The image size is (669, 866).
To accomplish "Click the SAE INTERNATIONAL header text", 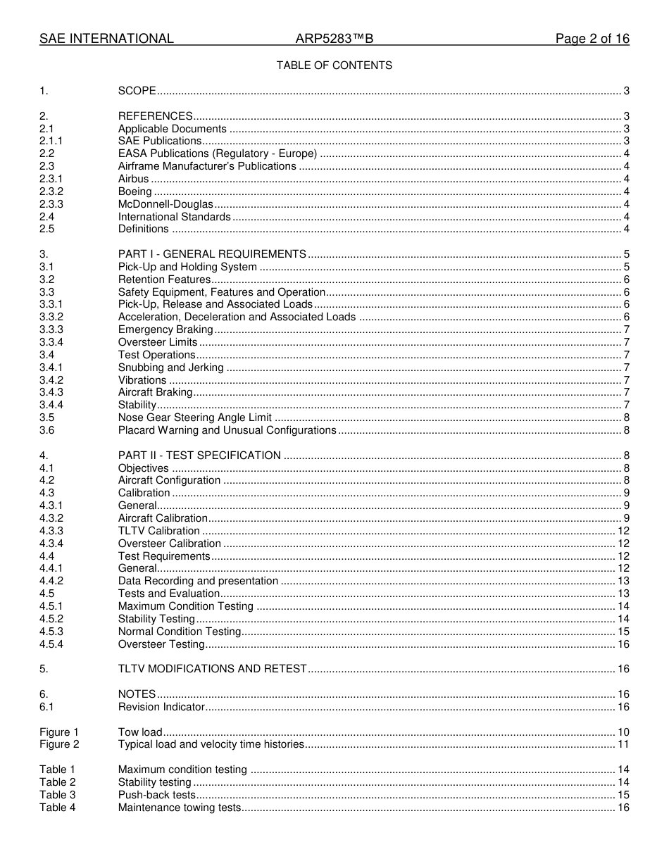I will coord(106,39).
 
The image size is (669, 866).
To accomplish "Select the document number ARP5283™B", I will coord(334,39).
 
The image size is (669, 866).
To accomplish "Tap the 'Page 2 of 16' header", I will coord(592,39).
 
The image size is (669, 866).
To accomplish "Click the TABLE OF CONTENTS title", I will coord(334,65).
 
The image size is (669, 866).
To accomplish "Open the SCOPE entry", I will coord(137,91).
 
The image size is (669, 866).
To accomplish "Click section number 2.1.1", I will coord(51,142).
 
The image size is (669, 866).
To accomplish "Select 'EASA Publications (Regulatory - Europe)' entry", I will coord(217,154).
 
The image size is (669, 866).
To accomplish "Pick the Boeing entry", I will coord(135,192).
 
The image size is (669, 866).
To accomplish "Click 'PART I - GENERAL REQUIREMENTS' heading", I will coord(212,254).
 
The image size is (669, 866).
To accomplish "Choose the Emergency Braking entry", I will coord(165,330).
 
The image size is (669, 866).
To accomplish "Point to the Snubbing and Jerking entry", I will coord(172,368).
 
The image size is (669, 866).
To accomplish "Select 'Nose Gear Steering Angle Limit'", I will coord(195,418).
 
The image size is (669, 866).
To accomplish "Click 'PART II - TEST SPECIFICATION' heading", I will coord(199,456).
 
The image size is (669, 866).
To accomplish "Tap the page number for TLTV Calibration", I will coord(623,531).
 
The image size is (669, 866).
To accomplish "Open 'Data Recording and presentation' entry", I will coord(198,581).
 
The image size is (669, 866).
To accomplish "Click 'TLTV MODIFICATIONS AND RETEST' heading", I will coord(213,669).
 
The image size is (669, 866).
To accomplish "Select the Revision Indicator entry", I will coord(161,707).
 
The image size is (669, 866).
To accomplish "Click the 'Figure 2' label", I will coord(59,744).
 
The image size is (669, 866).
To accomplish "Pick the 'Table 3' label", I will coord(57,795).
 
